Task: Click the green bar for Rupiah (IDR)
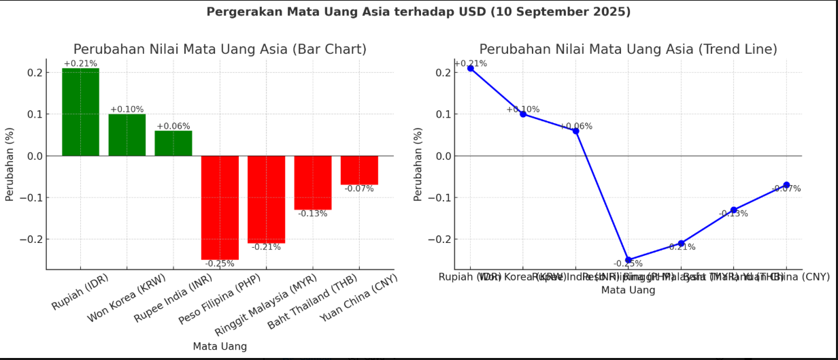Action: point(80,112)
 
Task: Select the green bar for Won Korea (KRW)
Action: point(127,135)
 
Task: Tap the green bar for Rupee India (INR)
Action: point(173,144)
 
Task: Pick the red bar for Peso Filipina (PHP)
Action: point(220,208)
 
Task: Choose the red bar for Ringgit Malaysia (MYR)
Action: point(266,199)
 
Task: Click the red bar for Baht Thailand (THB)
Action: point(313,182)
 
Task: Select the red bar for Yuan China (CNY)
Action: point(359,170)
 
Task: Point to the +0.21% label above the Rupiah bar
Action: point(80,64)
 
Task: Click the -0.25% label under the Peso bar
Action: point(220,264)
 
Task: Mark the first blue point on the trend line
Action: point(470,69)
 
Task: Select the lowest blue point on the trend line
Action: point(628,260)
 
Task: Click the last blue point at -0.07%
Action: point(786,185)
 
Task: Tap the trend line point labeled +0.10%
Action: point(523,114)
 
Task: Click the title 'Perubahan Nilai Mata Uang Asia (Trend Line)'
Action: point(628,50)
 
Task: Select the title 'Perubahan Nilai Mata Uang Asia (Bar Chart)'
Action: point(220,50)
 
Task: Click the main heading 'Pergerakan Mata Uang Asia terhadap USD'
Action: point(418,12)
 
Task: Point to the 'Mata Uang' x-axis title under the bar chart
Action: point(220,346)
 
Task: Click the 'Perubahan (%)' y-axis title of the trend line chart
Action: point(418,164)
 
